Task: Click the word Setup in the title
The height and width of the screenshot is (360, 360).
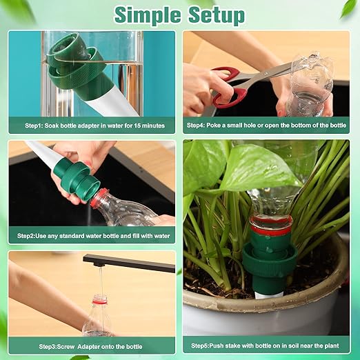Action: [214, 14]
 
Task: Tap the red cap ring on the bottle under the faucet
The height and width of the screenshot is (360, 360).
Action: [100, 299]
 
